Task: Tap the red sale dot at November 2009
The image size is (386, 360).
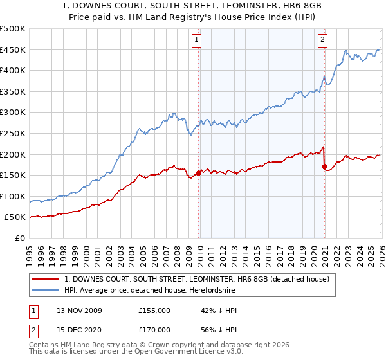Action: tap(198, 172)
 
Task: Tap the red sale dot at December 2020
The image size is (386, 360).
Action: tap(324, 166)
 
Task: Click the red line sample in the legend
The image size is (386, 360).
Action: tap(46, 279)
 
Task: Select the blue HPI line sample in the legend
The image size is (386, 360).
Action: tap(46, 291)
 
